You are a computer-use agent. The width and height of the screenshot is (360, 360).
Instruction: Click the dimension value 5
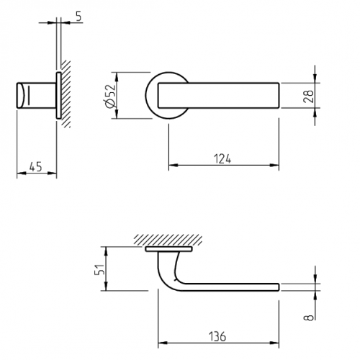pos(78,17)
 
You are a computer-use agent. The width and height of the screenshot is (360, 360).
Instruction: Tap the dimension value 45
pos(35,166)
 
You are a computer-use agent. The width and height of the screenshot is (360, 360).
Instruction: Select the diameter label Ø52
pos(110,96)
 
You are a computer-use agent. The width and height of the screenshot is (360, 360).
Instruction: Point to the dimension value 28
pos(309,96)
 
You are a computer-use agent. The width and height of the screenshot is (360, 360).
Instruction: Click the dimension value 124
pos(222,159)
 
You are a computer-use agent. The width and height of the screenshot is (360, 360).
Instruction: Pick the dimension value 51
pos(100,269)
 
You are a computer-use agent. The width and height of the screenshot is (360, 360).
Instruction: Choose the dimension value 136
pos(217,336)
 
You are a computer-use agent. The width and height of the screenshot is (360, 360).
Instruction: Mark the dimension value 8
pos(309,318)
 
